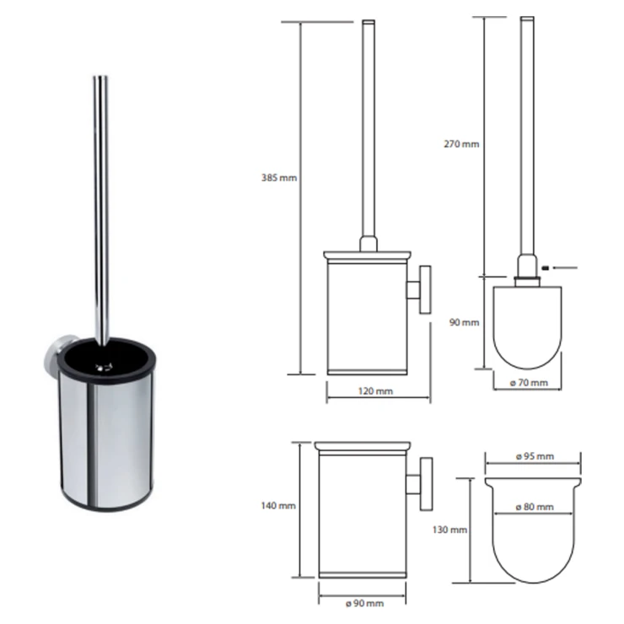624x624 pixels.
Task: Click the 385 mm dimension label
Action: [279, 178]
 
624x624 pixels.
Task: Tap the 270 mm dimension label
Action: [461, 144]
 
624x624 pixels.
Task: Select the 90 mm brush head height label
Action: [464, 322]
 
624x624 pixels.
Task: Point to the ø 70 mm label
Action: [529, 383]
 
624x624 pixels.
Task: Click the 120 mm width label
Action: [375, 391]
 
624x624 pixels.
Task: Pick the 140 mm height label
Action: [278, 506]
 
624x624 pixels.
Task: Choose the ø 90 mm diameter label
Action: [365, 603]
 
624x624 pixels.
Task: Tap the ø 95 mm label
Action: [535, 456]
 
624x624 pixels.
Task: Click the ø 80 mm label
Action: [535, 507]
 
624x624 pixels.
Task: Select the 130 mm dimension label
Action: [449, 530]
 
